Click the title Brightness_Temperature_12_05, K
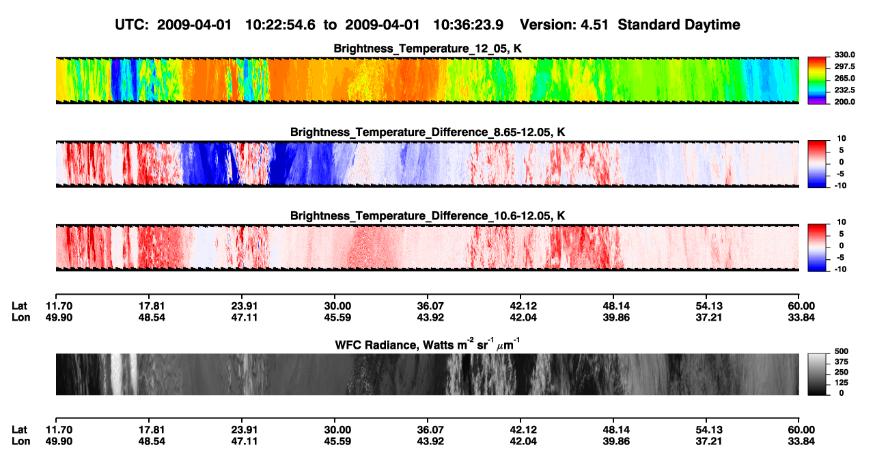pyautogui.click(x=428, y=49)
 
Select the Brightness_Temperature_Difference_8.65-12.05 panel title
pyautogui.click(x=428, y=132)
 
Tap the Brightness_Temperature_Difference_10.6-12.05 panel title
pyautogui.click(x=428, y=216)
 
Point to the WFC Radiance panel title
pyautogui.click(x=428, y=345)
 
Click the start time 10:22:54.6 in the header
pyautogui.click(x=280, y=25)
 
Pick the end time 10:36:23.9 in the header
pyautogui.click(x=468, y=25)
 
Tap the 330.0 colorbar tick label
pyautogui.click(x=844, y=55)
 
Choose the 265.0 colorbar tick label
pyautogui.click(x=844, y=78)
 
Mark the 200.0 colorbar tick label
pyautogui.click(x=844, y=102)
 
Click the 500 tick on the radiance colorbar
pyautogui.click(x=842, y=351)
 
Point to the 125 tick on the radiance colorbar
pyautogui.click(x=842, y=383)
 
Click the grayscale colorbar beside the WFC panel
pyautogui.click(x=817, y=374)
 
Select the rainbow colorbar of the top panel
pyautogui.click(x=817, y=81)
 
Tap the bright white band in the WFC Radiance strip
pyautogui.click(x=116, y=374)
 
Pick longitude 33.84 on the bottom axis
pyautogui.click(x=801, y=442)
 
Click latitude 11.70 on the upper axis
pyautogui.click(x=59, y=306)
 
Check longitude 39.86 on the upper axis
pyautogui.click(x=616, y=317)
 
